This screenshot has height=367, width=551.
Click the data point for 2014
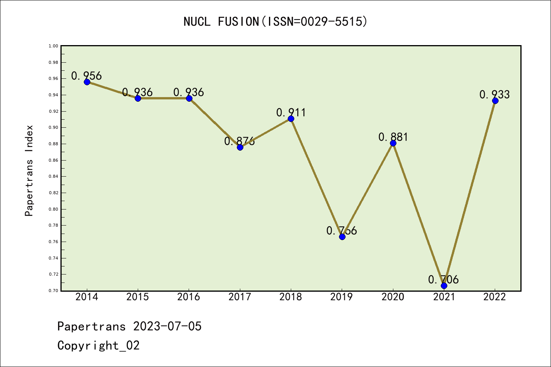pos(87,82)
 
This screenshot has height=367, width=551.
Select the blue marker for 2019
pos(342,237)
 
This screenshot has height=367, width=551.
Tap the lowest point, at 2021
pos(444,286)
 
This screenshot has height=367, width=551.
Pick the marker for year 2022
pos(495,101)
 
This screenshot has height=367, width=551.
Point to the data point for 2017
pos(240,147)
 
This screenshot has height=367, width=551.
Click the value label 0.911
pos(291,112)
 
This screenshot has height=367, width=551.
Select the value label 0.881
pos(393,137)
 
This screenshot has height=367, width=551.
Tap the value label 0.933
pos(494,94)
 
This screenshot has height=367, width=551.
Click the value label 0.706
pos(443,279)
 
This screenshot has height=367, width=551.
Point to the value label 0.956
pos(86,76)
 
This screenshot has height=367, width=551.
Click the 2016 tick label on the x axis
pos(189,297)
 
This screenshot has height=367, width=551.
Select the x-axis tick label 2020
pos(393,297)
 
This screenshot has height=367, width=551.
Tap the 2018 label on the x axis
pos(291,297)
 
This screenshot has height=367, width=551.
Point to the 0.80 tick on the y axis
pos(54,209)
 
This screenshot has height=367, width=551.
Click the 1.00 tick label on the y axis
pos(54,46)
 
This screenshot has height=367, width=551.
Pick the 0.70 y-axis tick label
pos(54,291)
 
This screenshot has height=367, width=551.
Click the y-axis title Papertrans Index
pos(29,171)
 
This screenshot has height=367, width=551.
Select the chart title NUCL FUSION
pos(275,22)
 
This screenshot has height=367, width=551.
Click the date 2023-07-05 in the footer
pos(167,326)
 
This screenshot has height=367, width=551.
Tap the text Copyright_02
pos(98,346)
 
